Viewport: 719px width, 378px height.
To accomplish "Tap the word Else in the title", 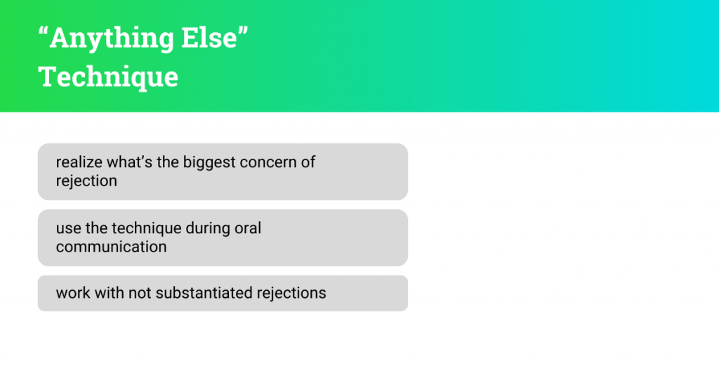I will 210,39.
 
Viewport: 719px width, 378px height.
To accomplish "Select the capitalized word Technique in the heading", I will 108,76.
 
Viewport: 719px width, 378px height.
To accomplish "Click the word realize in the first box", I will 79,162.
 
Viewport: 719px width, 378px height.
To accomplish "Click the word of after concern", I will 308,162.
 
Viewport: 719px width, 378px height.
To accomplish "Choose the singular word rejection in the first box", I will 86,181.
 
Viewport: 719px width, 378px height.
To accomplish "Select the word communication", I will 111,247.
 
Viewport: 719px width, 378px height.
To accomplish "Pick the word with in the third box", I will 109,293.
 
